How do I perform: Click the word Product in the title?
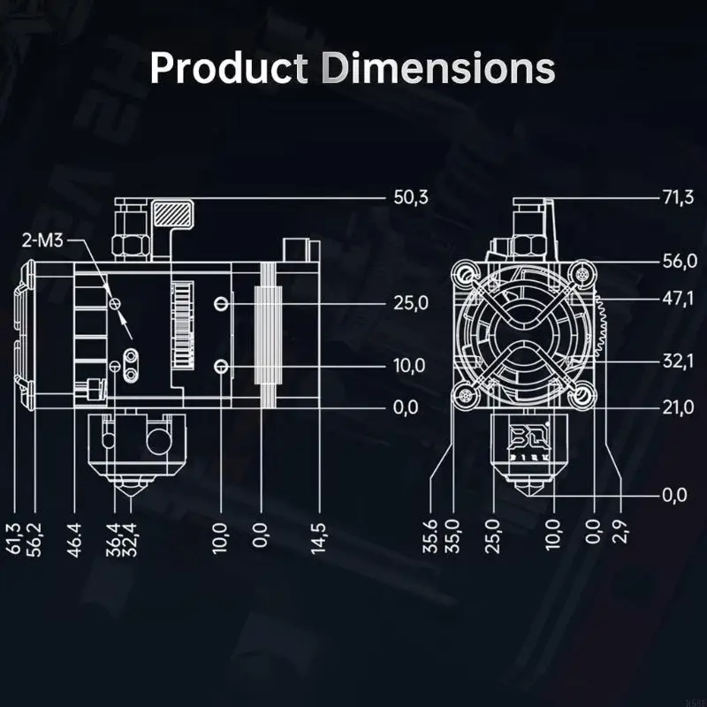222,68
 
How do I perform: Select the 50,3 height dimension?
410,197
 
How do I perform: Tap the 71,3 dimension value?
678,197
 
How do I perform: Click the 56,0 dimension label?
678,261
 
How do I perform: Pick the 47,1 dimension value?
678,299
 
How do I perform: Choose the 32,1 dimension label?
678,360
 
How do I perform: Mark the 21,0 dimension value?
678,407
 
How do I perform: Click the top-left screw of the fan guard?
467,272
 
